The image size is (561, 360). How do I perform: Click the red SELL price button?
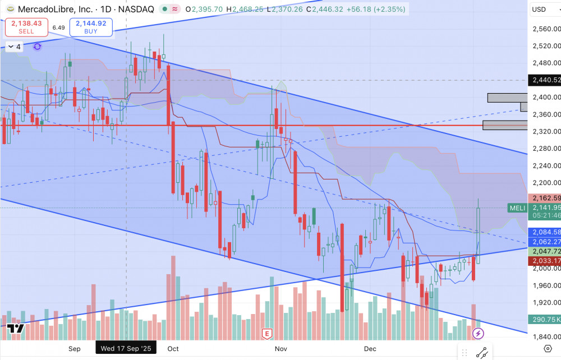[x=26, y=27]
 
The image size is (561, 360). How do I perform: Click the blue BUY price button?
[x=91, y=27]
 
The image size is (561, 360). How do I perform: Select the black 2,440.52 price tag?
[x=545, y=80]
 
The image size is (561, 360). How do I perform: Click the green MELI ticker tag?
[x=517, y=208]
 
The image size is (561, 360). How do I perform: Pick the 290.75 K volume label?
[x=545, y=319]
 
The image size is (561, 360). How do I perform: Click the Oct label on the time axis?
[x=173, y=348]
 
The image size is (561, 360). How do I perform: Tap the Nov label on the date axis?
[x=281, y=348]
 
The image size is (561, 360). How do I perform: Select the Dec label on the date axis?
[x=371, y=348]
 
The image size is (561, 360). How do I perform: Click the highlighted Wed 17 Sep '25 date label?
[x=126, y=348]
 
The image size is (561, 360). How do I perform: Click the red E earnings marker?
[x=267, y=334]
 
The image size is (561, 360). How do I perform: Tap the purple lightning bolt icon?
[x=478, y=334]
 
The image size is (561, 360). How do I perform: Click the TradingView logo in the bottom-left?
[x=15, y=330]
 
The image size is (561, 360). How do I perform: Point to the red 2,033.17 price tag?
[x=545, y=261]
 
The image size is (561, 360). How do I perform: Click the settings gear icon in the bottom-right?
[x=548, y=349]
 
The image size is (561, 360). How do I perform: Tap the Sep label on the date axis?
[x=75, y=348]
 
